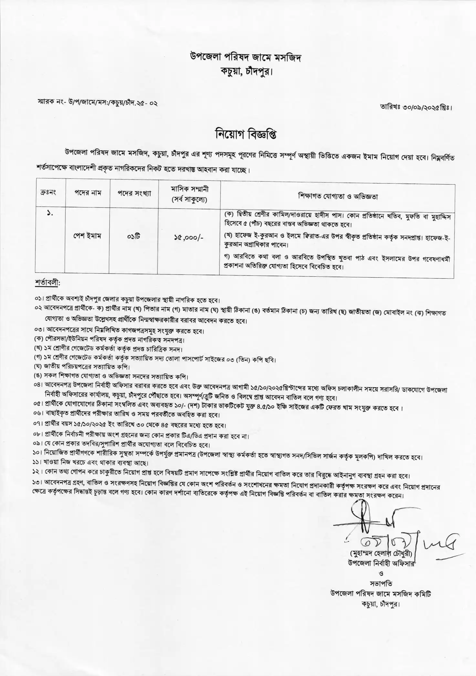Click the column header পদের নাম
click(x=88, y=193)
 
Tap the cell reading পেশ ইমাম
click(x=87, y=236)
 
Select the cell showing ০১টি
click(x=133, y=236)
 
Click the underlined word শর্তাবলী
click(x=47, y=283)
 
